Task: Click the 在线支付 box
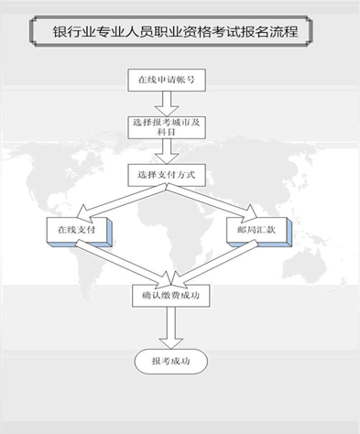pos(80,229)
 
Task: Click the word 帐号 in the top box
pos(190,80)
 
